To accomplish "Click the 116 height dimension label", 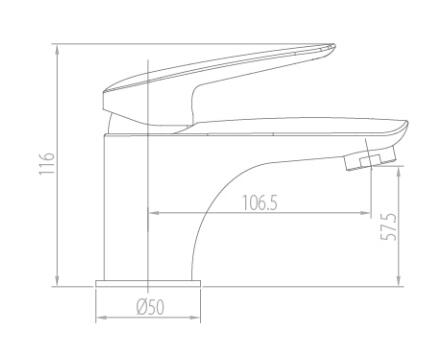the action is pyautogui.click(x=46, y=163).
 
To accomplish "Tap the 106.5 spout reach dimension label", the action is pyautogui.click(x=259, y=203).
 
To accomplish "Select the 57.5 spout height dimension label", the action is pyautogui.click(x=389, y=226).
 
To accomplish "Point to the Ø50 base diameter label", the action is pyautogui.click(x=150, y=307).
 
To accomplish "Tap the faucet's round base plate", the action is pyautogui.click(x=148, y=283).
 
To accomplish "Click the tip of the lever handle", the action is pyautogui.click(x=333, y=47).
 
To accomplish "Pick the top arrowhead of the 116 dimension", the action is pyautogui.click(x=57, y=50).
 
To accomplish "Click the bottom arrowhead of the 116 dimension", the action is pyautogui.click(x=57, y=280).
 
